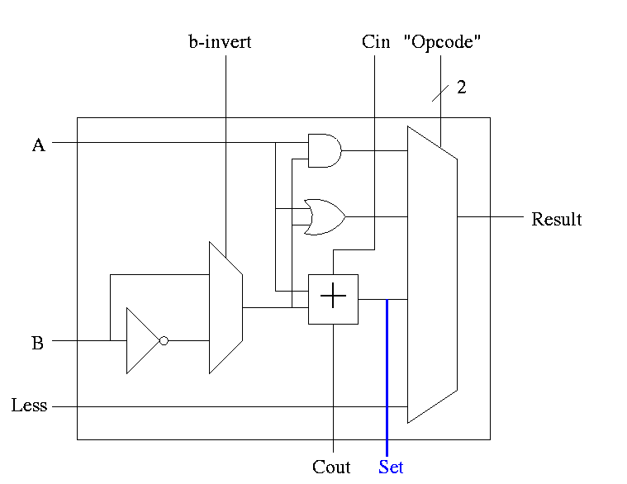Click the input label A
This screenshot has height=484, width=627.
(38, 145)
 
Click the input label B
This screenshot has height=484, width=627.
(37, 343)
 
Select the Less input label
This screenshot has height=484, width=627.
(29, 406)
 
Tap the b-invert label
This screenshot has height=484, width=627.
(220, 42)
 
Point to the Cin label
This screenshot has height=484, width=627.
(376, 42)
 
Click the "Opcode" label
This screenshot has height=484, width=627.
(442, 42)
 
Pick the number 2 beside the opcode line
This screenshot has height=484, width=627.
(462, 88)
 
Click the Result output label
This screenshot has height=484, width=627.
(556, 219)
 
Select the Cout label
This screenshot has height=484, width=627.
(331, 467)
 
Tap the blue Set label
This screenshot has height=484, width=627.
(391, 467)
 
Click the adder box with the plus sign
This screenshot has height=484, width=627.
(333, 299)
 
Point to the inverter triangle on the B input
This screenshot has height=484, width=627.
(141, 340)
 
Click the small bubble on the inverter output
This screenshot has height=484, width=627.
(164, 340)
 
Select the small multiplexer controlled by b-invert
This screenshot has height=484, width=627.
(225, 307)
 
